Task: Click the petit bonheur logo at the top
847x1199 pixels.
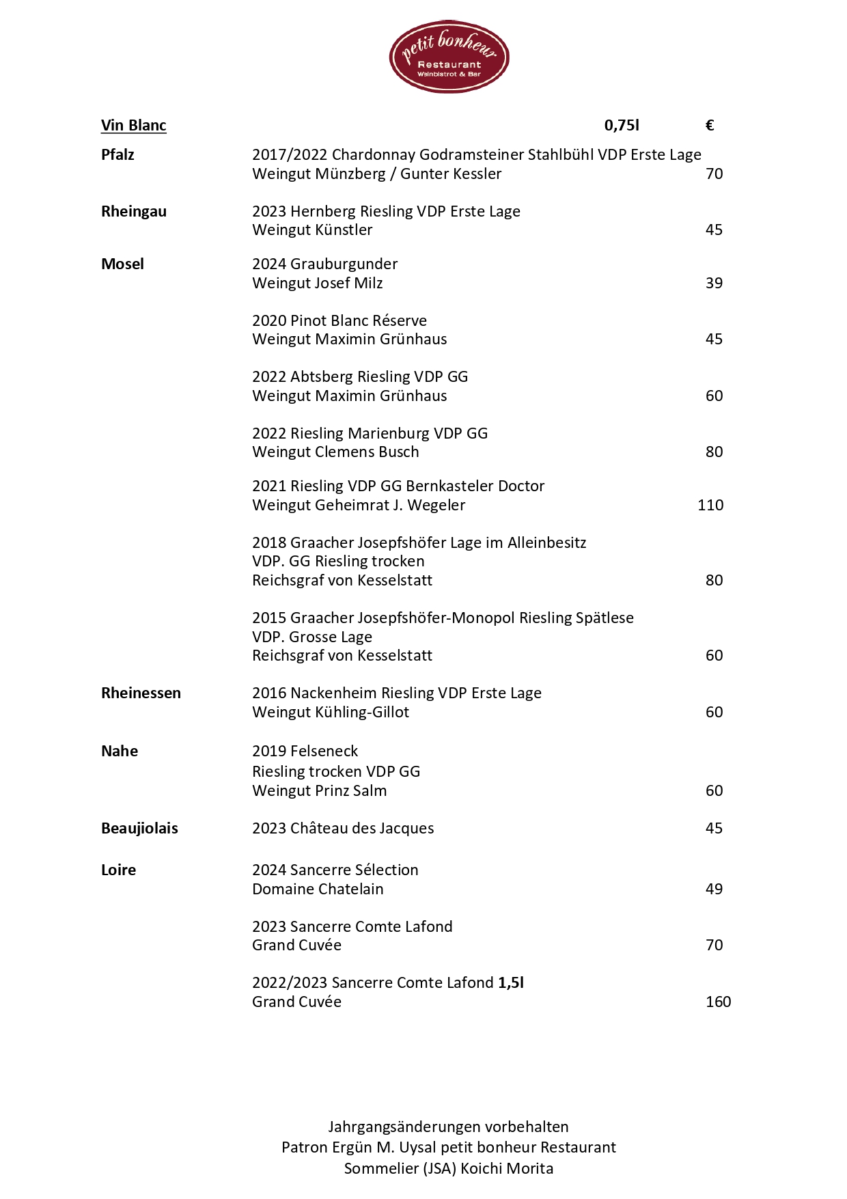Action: [x=449, y=57]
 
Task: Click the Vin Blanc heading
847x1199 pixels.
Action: [x=134, y=125]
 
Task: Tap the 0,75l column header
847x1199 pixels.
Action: [x=622, y=125]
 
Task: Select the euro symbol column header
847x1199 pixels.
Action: [x=710, y=125]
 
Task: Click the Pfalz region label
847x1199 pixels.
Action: [x=117, y=154]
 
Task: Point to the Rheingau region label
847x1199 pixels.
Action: [x=134, y=211]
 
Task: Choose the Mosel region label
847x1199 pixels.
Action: [x=122, y=264]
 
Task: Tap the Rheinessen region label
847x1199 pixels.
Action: [x=141, y=693]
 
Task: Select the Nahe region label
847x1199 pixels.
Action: [x=120, y=751]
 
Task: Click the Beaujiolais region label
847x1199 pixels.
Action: [x=139, y=828]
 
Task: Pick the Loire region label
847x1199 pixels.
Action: [x=118, y=870]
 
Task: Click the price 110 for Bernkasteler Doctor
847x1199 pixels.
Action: [x=710, y=505]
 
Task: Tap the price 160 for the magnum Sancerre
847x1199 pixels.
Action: [x=718, y=1002]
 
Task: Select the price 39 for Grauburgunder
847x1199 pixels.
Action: [x=714, y=283]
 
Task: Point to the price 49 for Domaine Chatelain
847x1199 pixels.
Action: [x=714, y=889]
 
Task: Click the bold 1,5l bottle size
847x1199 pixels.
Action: [x=511, y=982]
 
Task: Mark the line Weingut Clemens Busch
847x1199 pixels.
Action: [x=335, y=452]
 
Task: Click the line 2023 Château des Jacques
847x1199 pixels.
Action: [x=343, y=828]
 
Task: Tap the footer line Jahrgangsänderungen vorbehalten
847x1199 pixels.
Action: [x=448, y=1127]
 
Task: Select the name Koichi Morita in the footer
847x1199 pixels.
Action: [x=507, y=1168]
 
